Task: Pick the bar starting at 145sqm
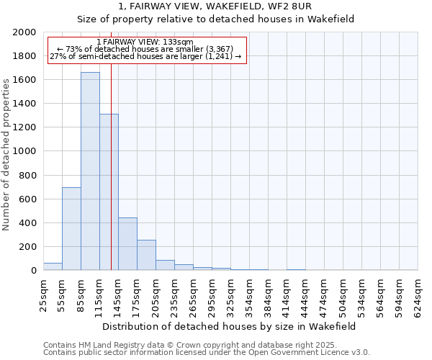(x=127, y=244)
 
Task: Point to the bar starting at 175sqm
(x=146, y=255)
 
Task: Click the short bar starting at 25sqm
(x=53, y=266)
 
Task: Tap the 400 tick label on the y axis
(x=27, y=223)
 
